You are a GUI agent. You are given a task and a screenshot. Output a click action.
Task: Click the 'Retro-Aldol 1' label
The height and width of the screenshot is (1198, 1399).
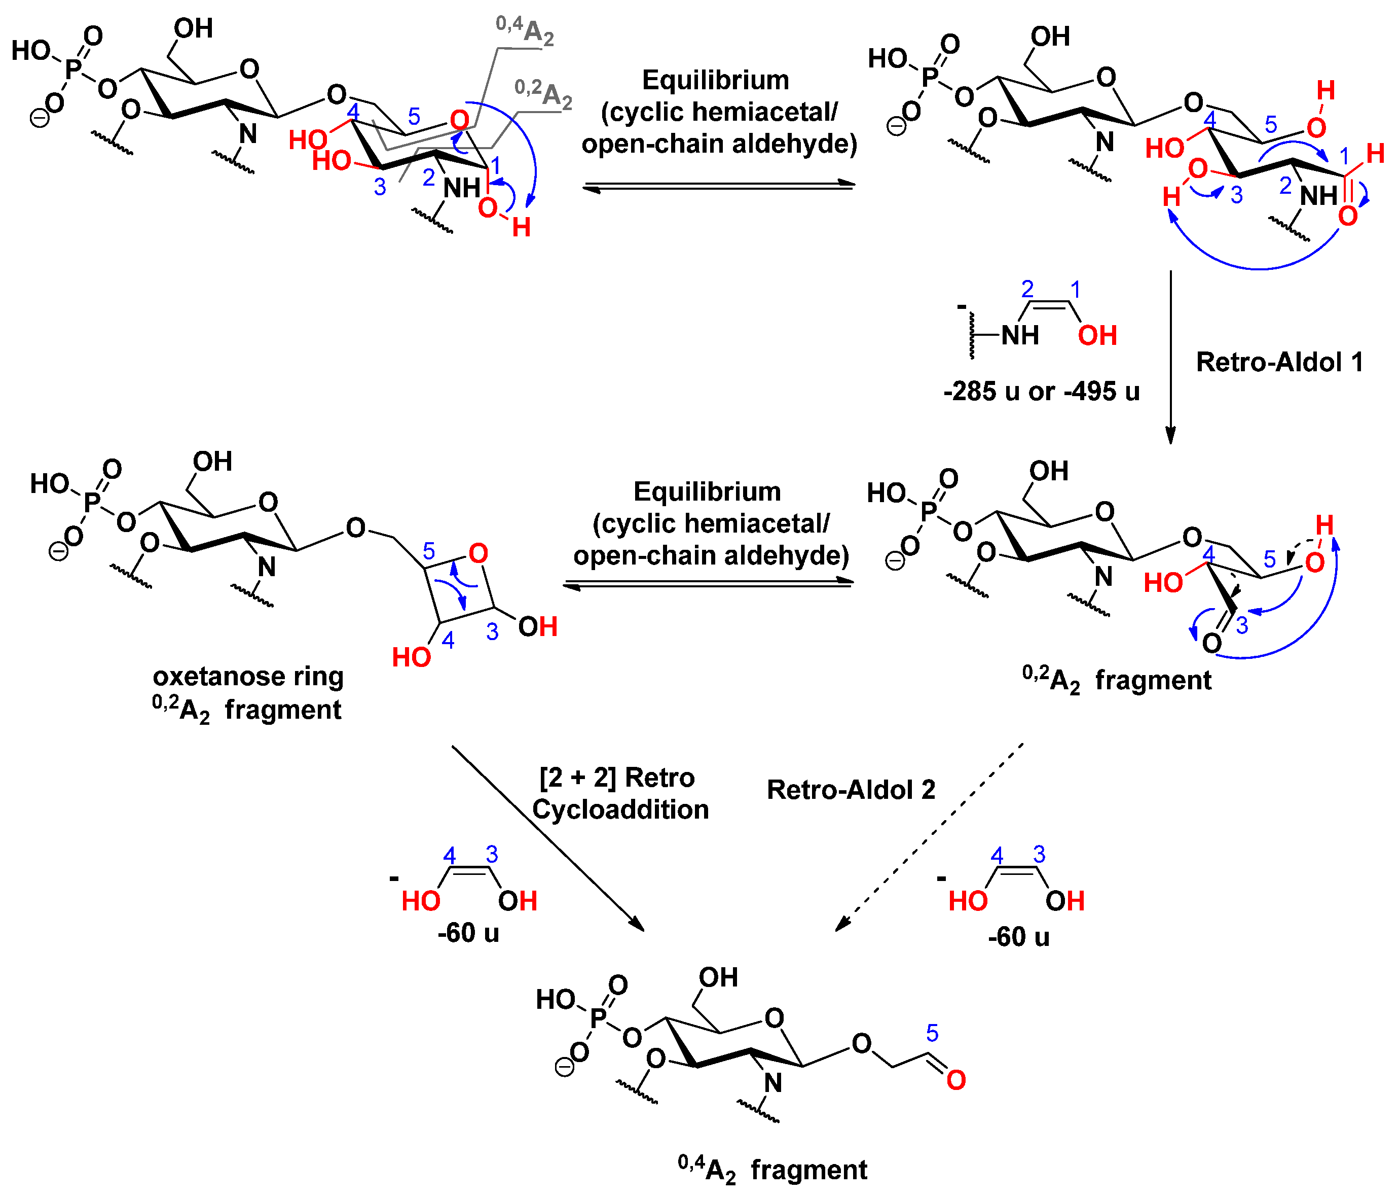(x=1278, y=362)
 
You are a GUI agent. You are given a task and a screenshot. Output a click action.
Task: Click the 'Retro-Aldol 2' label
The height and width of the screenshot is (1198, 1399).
(x=850, y=789)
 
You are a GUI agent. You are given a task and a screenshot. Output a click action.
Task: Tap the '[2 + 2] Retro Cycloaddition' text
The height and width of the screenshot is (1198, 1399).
(x=619, y=793)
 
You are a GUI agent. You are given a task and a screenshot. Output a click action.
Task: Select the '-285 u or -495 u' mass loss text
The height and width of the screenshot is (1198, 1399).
(x=1041, y=391)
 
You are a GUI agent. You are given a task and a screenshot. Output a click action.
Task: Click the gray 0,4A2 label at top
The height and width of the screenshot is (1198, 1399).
(x=525, y=30)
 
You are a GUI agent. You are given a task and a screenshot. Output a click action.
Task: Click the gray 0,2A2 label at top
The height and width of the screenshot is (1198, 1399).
(x=543, y=93)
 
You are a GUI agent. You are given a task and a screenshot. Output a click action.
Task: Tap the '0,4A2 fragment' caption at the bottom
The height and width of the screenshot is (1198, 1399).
(x=772, y=1170)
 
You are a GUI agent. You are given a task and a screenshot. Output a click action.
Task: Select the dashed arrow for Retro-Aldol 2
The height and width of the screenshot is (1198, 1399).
(x=929, y=837)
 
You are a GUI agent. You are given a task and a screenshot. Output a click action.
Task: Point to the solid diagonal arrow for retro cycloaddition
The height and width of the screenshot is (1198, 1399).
(x=547, y=838)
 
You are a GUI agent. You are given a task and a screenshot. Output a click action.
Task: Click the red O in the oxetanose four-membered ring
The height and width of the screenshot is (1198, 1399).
(x=478, y=553)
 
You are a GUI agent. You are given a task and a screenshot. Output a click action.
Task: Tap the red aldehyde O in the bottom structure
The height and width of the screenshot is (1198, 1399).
(x=955, y=1080)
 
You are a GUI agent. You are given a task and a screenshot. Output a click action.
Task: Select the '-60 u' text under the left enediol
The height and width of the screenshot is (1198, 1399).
(x=468, y=933)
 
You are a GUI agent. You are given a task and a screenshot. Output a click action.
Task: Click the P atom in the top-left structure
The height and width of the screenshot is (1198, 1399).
(x=72, y=68)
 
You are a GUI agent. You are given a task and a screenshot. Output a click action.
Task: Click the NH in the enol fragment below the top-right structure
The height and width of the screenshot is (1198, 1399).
(x=1019, y=335)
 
